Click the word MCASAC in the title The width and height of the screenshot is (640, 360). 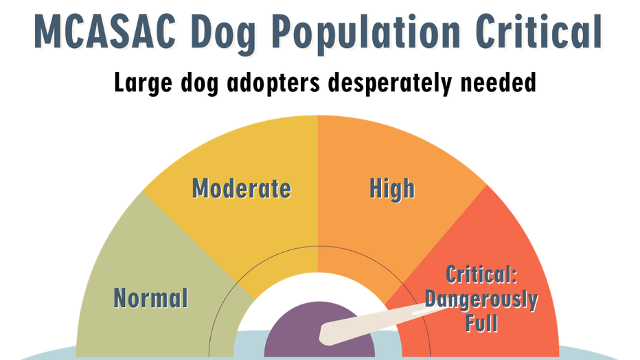[x=105, y=32]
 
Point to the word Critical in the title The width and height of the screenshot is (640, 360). [x=539, y=32]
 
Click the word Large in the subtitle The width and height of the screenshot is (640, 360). [x=144, y=84]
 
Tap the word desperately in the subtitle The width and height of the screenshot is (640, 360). [x=390, y=84]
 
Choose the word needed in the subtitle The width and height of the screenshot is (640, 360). [x=498, y=82]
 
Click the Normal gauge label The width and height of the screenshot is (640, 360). [x=150, y=297]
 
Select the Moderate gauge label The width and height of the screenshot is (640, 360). [x=242, y=188]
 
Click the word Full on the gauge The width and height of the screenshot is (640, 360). [x=481, y=324]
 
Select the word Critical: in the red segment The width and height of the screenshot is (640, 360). [x=481, y=275]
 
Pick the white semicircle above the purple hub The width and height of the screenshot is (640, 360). [x=319, y=287]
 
